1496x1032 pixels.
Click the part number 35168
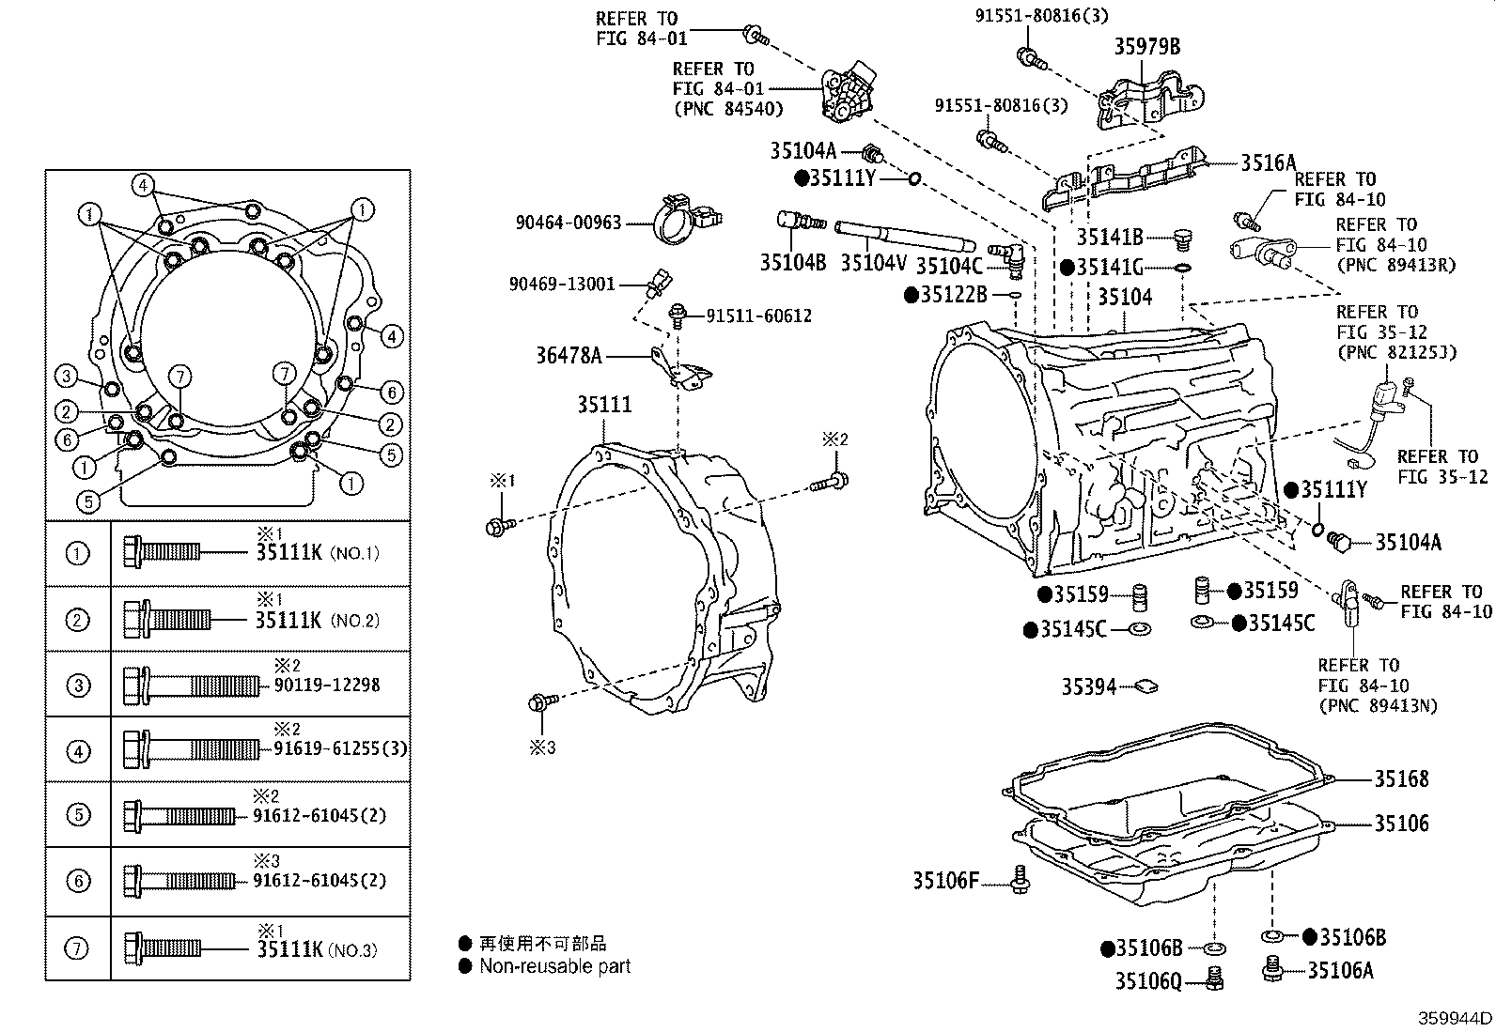1400,778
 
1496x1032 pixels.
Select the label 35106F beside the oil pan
945,880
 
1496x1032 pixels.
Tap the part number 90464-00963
569,223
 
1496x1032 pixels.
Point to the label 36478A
568,356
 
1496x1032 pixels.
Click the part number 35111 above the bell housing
604,405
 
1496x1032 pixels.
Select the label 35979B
1146,46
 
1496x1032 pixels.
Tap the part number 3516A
1268,162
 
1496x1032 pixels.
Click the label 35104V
873,264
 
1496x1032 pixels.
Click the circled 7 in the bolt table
78,948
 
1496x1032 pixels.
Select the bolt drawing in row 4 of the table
193,749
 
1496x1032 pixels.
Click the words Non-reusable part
554,966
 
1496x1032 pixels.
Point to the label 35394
1088,686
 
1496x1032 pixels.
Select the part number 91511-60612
758,316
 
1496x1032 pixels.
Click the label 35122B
953,295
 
